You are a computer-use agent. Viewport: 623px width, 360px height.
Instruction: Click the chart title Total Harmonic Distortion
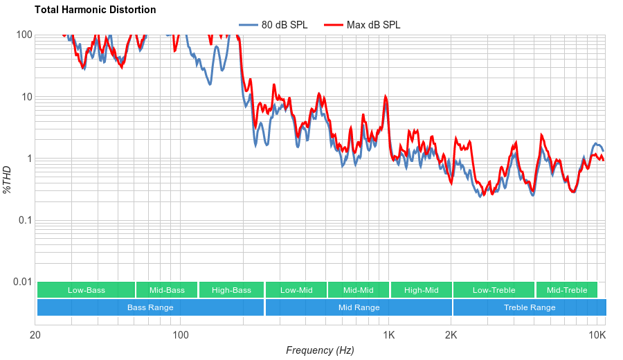(96, 10)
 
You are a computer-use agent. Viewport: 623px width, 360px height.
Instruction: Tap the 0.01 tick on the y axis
(22, 282)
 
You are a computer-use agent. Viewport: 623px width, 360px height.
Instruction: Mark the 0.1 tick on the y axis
(25, 220)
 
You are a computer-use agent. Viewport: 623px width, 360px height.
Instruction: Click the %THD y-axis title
(8, 179)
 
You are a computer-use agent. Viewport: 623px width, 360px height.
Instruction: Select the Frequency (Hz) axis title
(320, 350)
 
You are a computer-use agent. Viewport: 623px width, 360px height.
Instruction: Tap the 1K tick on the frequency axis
(389, 336)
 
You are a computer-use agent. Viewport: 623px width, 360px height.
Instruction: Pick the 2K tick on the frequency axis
(451, 336)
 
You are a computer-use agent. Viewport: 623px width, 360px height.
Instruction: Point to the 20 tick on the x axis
(35, 336)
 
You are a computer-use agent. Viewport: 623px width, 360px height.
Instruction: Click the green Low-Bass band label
(87, 290)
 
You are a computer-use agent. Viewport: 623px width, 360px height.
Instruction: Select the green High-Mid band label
(421, 290)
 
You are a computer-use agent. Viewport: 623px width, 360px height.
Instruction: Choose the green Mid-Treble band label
(566, 290)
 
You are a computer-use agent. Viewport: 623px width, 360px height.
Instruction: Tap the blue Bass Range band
(150, 307)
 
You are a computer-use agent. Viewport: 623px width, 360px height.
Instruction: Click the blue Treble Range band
(529, 307)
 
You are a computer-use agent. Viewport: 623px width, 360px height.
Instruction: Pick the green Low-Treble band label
(494, 290)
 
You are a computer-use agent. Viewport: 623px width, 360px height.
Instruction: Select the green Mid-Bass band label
(167, 290)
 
